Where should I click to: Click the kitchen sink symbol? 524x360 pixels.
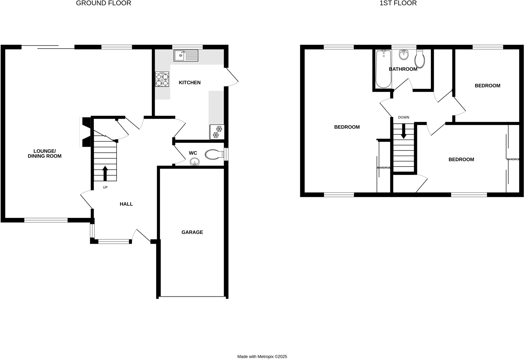coord(186,56)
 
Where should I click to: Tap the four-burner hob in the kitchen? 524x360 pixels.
coord(162,79)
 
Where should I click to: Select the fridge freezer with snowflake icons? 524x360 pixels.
coord(217,132)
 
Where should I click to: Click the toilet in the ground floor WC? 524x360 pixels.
coord(214,154)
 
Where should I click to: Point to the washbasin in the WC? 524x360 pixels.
coord(195,162)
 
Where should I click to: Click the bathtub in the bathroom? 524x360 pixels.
coord(383,69)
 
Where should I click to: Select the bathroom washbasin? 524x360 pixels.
coord(404,55)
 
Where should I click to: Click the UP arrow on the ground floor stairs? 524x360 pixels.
coord(105,173)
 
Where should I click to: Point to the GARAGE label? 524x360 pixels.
coord(192,232)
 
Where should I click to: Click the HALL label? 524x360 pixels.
coord(126,204)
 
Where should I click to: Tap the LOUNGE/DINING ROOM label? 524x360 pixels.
coord(45,154)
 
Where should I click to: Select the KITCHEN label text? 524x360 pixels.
coord(190,82)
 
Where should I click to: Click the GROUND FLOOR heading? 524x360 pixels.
coord(103,3)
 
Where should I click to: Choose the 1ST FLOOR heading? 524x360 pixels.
coord(398,3)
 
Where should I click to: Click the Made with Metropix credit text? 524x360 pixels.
coord(262,356)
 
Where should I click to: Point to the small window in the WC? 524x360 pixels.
coord(226,154)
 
